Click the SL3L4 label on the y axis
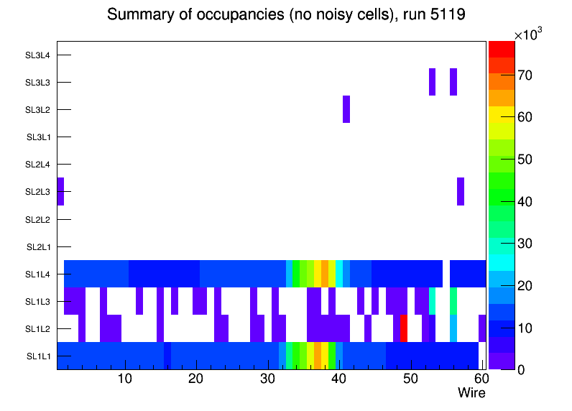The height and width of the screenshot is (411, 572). pos(38,55)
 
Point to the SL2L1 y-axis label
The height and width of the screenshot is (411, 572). pos(38,247)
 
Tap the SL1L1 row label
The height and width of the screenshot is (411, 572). pos(38,356)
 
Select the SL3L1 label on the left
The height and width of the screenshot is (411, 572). pos(38,137)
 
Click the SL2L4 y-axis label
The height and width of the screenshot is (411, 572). pos(38,165)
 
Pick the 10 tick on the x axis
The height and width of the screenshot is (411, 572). pos(125,379)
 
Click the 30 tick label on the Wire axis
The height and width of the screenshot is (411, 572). pos(267,379)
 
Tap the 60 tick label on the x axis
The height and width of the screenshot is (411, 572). pos(479,379)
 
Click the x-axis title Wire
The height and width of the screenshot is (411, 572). pos(471,393)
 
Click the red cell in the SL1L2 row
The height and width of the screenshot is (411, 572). pos(404,328)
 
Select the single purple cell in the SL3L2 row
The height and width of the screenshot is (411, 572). pos(346,109)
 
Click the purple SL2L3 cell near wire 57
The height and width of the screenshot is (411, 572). pos(461,191)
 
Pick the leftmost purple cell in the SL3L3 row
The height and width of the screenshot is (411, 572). pos(432,82)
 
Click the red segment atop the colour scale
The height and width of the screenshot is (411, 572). pos(501,49)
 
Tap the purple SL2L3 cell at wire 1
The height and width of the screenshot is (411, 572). pos(60,191)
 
